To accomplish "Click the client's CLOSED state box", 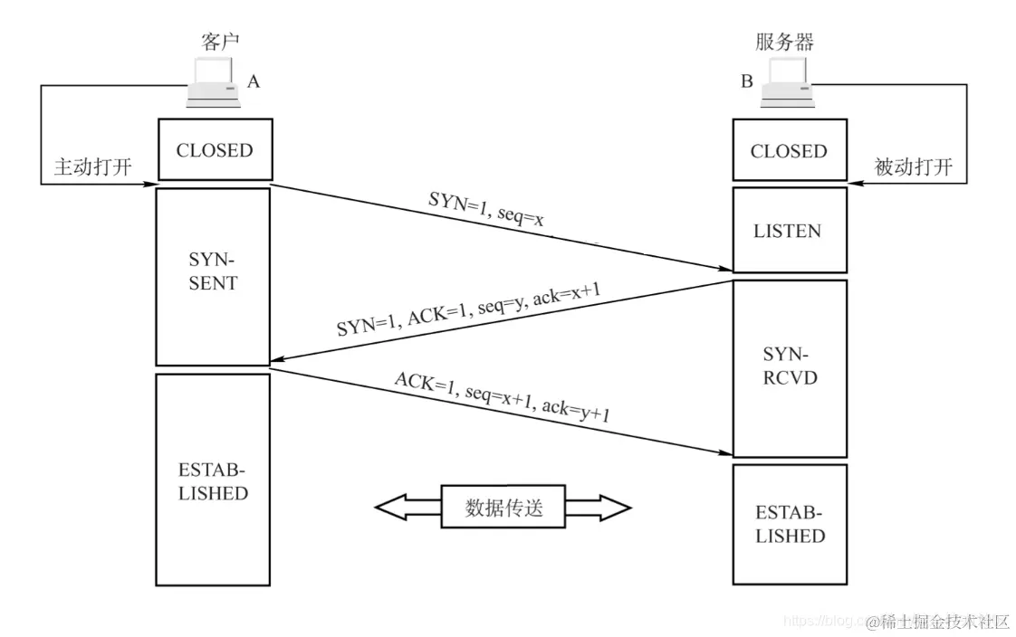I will (214, 150).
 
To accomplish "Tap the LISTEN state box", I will (788, 231).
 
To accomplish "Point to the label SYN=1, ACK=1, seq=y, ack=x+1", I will (468, 308).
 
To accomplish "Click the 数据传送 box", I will (503, 508).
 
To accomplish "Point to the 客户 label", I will (220, 42).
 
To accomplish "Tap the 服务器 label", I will (784, 42).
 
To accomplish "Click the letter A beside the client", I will (254, 81).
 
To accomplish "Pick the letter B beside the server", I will (747, 82).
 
